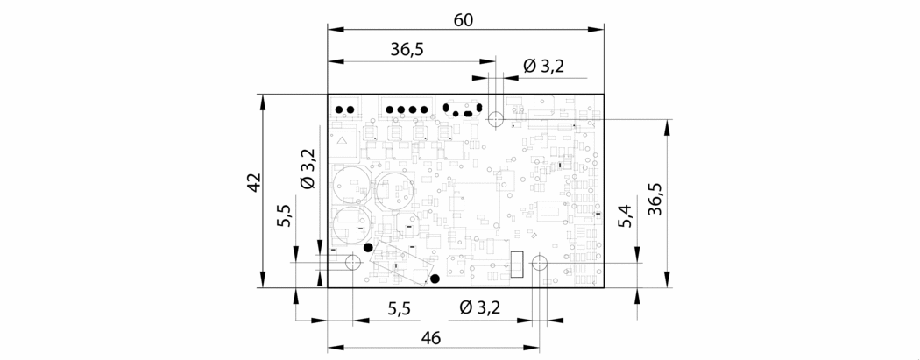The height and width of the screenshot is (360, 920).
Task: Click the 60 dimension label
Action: pyautogui.click(x=464, y=20)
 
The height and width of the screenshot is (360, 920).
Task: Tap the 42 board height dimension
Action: pyautogui.click(x=253, y=182)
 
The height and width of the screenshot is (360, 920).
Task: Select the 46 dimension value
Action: pyautogui.click(x=431, y=338)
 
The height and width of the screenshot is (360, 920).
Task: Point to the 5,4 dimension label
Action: pyautogui.click(x=626, y=217)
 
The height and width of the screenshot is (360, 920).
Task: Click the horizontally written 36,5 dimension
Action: pyautogui.click(x=407, y=50)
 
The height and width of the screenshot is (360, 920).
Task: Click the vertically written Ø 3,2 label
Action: pyautogui.click(x=308, y=168)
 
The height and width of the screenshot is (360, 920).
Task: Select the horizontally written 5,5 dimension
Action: pyautogui.click(x=399, y=308)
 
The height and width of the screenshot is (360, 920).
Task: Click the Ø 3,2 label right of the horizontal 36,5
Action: pyautogui.click(x=544, y=67)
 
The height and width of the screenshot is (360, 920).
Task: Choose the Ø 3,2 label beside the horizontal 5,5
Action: pyautogui.click(x=480, y=307)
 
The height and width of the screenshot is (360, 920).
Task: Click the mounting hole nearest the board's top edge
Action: pyautogui.click(x=495, y=120)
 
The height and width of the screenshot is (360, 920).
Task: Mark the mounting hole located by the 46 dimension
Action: pyautogui.click(x=539, y=263)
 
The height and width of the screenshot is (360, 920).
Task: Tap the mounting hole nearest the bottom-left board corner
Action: pyautogui.click(x=353, y=262)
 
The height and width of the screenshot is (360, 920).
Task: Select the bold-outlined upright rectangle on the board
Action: pyautogui.click(x=517, y=264)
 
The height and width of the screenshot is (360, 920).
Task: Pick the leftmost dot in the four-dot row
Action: pyautogui.click(x=390, y=109)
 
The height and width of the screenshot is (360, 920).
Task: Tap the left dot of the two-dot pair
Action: pyautogui.click(x=339, y=109)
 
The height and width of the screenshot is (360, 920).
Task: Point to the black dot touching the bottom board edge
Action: pyautogui.click(x=435, y=279)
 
